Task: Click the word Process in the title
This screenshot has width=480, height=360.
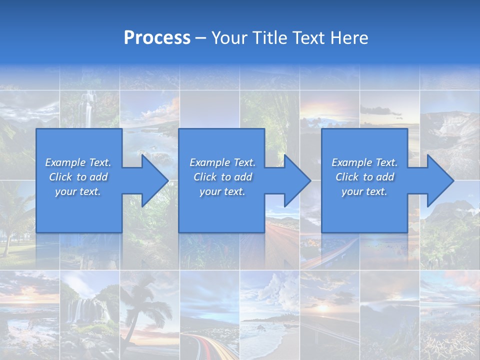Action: [157, 38]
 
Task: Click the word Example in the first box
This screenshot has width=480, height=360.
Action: [65, 162]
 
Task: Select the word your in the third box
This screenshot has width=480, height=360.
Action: [351, 191]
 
